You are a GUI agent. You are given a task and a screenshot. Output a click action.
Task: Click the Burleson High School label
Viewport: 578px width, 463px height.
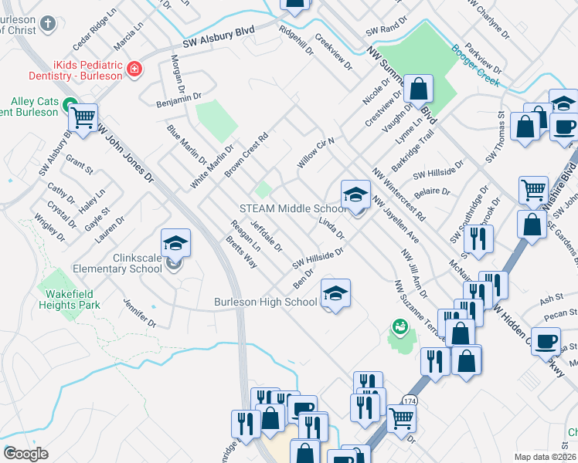pos(266,302)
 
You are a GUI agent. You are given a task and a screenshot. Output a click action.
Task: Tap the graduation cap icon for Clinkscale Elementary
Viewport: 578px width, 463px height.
pos(176,243)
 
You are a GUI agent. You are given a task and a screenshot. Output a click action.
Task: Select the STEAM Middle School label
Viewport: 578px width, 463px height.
pos(293,208)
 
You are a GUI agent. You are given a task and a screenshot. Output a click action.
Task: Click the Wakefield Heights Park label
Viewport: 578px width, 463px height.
pos(70,299)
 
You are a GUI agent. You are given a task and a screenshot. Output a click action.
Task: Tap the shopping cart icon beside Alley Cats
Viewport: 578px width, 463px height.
pos(83,118)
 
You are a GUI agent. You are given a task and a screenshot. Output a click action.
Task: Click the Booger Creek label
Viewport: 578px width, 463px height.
pos(476,66)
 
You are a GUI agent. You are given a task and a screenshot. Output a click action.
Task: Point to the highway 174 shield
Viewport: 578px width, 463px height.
pos(410,400)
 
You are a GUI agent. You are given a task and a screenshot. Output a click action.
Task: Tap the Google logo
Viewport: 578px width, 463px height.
pos(25,454)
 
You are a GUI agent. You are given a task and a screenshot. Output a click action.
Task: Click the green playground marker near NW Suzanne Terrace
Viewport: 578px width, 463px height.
pos(399,327)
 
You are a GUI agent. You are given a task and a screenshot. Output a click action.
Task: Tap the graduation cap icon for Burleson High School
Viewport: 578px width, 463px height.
pos(335,293)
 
